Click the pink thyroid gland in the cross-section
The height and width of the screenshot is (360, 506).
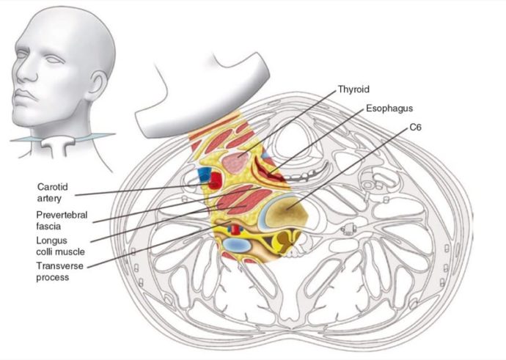pyautogui.click(x=236, y=163)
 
